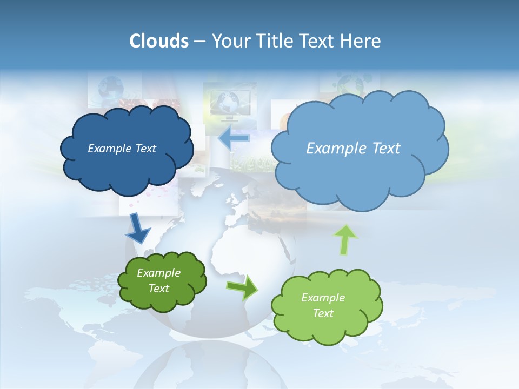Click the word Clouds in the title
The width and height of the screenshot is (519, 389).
[159, 41]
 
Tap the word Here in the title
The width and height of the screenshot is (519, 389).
[361, 41]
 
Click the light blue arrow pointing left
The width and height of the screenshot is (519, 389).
[234, 138]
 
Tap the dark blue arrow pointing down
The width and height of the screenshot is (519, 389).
[138, 228]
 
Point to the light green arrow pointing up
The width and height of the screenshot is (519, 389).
[345, 240]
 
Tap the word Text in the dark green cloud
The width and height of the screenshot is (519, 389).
[158, 289]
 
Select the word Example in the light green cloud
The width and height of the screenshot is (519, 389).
[323, 298]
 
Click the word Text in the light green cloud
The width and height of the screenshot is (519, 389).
[323, 313]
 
